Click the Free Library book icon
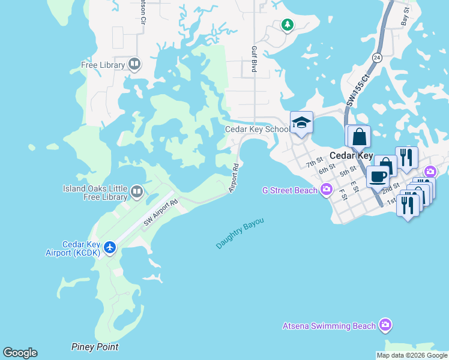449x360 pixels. (x=134, y=64)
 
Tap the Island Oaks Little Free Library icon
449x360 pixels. (x=137, y=192)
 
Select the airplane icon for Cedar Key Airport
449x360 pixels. (x=109, y=247)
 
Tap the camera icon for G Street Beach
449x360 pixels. (x=326, y=191)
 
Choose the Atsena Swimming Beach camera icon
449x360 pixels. (x=385, y=326)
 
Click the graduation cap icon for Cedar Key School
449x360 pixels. (x=301, y=123)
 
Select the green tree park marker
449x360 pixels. (x=288, y=25)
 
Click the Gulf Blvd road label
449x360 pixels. (x=255, y=61)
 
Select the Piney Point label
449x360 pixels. (x=94, y=347)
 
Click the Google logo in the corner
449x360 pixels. (x=20, y=353)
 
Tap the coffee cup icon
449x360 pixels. (x=378, y=178)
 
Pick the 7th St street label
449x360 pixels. (x=314, y=163)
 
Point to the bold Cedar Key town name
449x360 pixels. (x=351, y=155)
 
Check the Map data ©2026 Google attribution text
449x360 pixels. (x=412, y=355)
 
